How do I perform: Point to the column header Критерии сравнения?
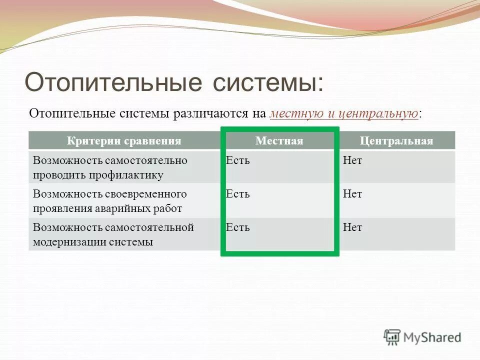[x=124, y=140]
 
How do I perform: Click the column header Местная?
[x=279, y=140]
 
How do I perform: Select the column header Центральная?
[x=396, y=140]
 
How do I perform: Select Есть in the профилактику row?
[x=237, y=160]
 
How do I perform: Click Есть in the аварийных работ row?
[x=237, y=193]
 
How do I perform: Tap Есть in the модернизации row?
[x=237, y=227]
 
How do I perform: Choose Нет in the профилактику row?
[x=352, y=160]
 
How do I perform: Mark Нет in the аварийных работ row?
[x=352, y=193]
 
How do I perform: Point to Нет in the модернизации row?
[x=352, y=227]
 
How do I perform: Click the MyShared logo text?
[x=432, y=337]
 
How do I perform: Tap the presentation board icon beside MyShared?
[x=392, y=337]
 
